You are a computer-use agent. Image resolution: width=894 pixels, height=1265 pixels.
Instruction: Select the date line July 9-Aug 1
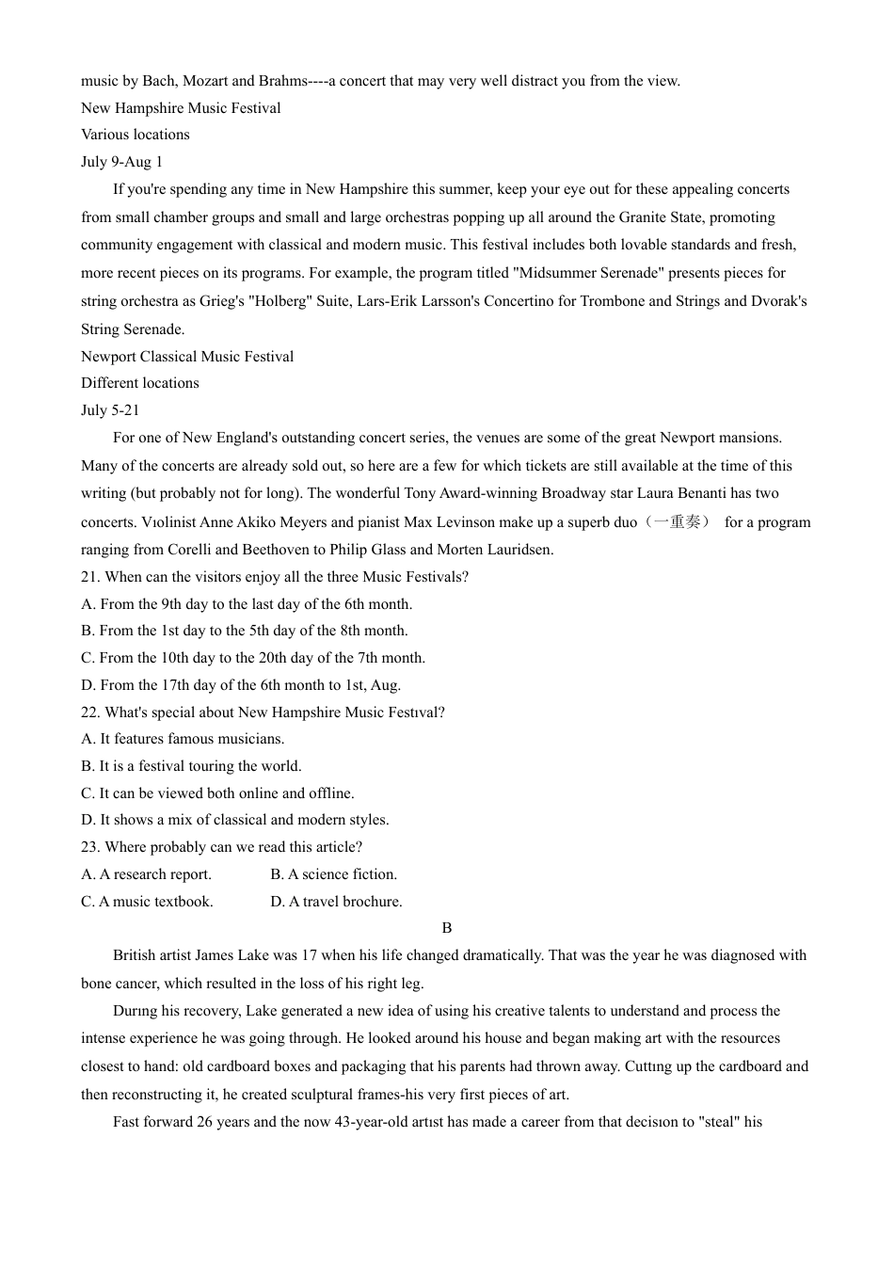pyautogui.click(x=121, y=162)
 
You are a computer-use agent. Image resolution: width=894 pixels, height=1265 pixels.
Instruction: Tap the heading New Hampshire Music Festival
pyautogui.click(x=181, y=108)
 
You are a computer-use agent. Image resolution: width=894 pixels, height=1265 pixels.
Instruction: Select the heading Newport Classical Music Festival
pyautogui.click(x=187, y=357)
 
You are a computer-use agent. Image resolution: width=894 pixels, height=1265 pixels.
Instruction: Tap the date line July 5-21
pyautogui.click(x=110, y=410)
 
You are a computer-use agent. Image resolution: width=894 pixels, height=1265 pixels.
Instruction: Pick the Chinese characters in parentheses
pyautogui.click(x=677, y=521)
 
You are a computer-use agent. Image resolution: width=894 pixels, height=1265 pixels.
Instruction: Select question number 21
pyautogui.click(x=90, y=577)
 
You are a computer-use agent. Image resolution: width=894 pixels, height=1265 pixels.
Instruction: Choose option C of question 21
pyautogui.click(x=253, y=658)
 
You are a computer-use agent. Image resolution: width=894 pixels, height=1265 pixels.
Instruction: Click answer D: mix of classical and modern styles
pyautogui.click(x=235, y=820)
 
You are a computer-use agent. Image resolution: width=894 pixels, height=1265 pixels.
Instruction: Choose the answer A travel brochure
pyautogui.click(x=337, y=902)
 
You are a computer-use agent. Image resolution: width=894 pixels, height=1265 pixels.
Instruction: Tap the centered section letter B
pyautogui.click(x=447, y=928)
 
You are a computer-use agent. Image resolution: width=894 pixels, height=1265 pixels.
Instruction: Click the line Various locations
pyautogui.click(x=136, y=135)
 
